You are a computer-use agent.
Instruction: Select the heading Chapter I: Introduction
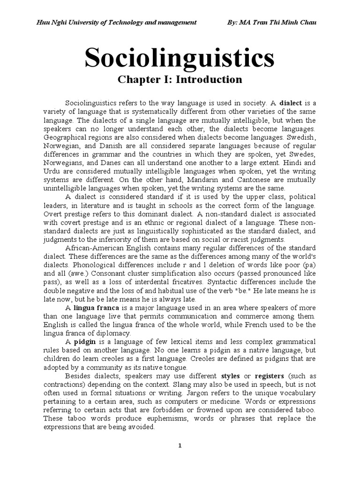(180, 80)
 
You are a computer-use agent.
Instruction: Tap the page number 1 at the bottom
(180, 445)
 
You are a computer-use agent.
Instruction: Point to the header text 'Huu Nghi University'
(68, 23)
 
